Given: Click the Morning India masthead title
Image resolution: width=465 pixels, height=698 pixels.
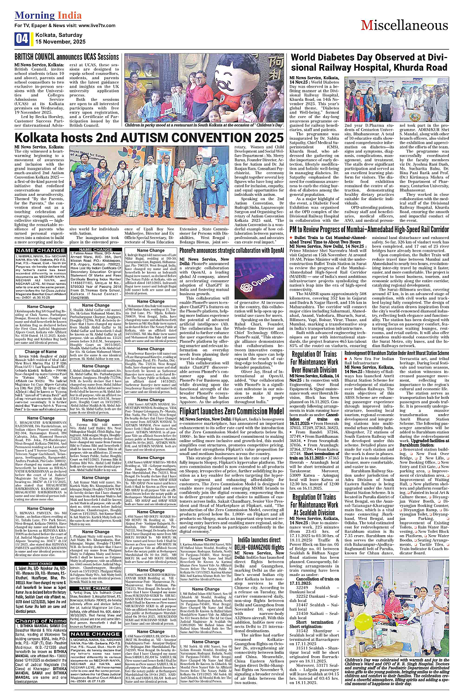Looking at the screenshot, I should point(48,15).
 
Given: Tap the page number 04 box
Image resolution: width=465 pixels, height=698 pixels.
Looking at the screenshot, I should point(22,38).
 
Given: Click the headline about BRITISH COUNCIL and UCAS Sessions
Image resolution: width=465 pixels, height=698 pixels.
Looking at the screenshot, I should point(67,57).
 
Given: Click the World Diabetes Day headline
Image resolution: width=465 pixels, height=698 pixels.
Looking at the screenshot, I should point(369,62).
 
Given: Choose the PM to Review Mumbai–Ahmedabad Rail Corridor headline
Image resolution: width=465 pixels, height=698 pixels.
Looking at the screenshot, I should point(369,229).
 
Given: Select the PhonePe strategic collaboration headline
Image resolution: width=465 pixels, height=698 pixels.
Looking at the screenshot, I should point(232,250).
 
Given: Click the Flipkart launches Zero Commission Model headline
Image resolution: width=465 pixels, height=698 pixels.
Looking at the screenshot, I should point(231,411).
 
